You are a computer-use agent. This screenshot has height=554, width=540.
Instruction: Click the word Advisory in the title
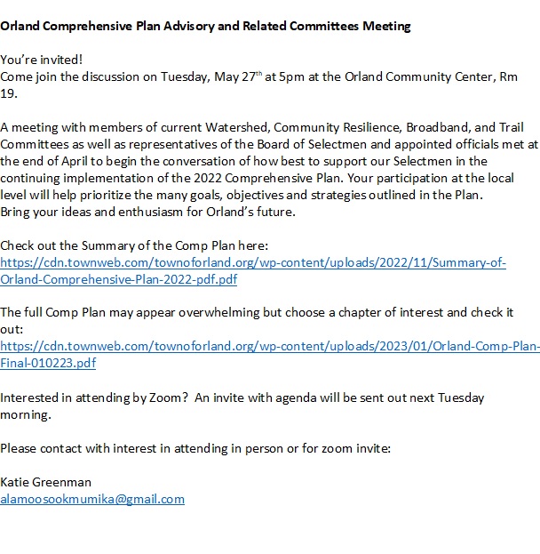click(x=183, y=26)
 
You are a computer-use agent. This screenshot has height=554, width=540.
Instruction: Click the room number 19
click(x=8, y=93)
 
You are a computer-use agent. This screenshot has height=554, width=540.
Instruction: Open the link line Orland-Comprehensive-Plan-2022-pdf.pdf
click(x=119, y=279)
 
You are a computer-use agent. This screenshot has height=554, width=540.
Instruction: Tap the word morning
click(x=26, y=414)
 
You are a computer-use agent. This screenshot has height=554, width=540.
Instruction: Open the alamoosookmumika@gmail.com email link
click(x=92, y=499)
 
